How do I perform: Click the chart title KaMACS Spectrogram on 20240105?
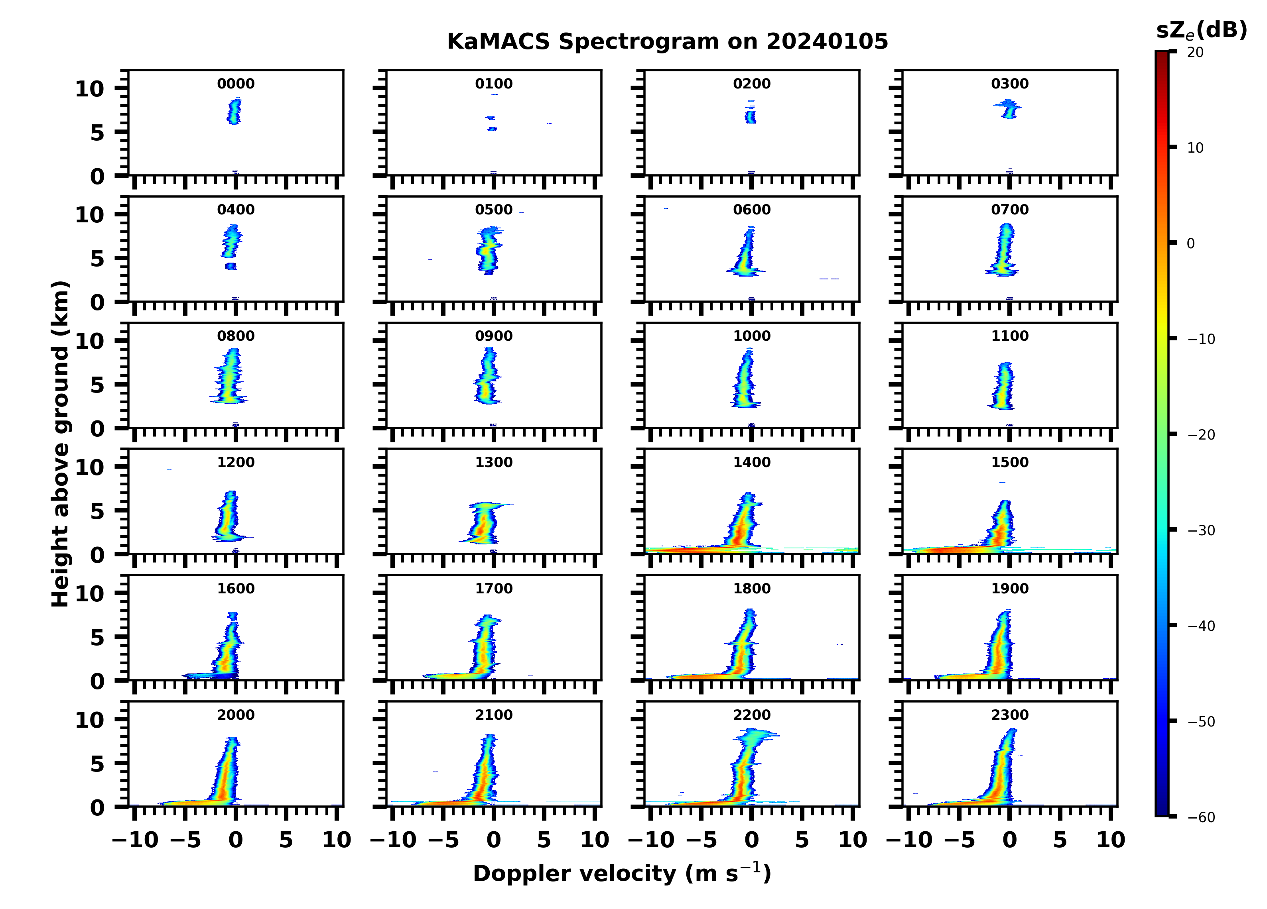(668, 41)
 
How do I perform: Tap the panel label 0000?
(236, 84)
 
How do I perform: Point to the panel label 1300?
(494, 462)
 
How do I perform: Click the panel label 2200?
(752, 715)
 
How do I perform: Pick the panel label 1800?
(752, 589)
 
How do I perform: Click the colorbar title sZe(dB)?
(1202, 30)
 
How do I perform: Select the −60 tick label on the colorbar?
(1201, 817)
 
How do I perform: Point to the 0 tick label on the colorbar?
(1190, 243)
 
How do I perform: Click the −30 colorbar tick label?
(1201, 530)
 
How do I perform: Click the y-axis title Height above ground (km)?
(60, 444)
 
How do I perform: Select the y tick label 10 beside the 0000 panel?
(89, 89)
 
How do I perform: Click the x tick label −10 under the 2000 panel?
(135, 840)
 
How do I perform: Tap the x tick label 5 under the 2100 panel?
(544, 840)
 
